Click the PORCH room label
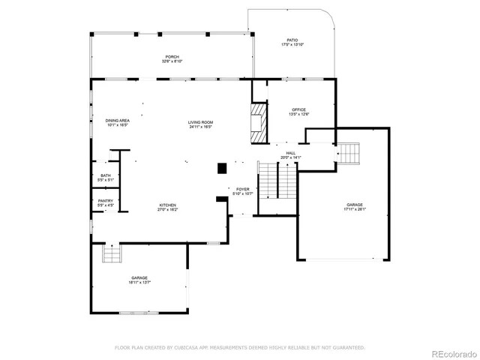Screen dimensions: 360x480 point(172,57)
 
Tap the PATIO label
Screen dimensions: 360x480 point(292,40)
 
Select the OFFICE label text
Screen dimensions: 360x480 point(299,109)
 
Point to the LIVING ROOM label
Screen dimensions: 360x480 point(200,122)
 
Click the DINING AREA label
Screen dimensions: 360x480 point(118,121)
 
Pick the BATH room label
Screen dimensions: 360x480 point(106,175)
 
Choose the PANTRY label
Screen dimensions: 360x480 point(106,200)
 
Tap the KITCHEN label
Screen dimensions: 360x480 point(167,205)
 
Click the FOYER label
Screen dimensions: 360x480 point(243,189)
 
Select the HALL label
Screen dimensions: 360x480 point(289,153)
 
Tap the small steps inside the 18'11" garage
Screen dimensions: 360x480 point(112,254)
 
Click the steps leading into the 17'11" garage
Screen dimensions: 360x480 point(350,153)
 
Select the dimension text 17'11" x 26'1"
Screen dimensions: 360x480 point(355,209)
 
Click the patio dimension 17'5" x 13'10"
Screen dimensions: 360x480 point(292,45)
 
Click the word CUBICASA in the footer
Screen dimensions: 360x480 point(187,348)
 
